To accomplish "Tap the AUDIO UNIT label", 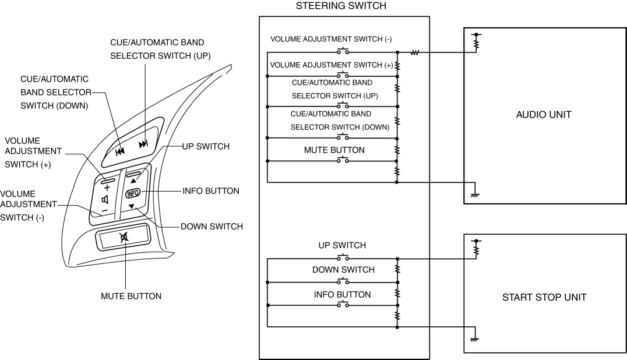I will (544, 115).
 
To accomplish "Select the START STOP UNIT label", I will (544, 298).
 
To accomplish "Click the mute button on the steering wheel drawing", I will (124, 238).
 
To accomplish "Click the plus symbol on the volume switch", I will (107, 188).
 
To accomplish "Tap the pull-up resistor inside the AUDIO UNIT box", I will (477, 43).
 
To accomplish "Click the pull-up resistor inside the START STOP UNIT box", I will (477, 249).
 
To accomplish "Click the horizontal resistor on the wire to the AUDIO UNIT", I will (415, 52).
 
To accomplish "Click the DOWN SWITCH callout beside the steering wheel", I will (212, 227).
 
